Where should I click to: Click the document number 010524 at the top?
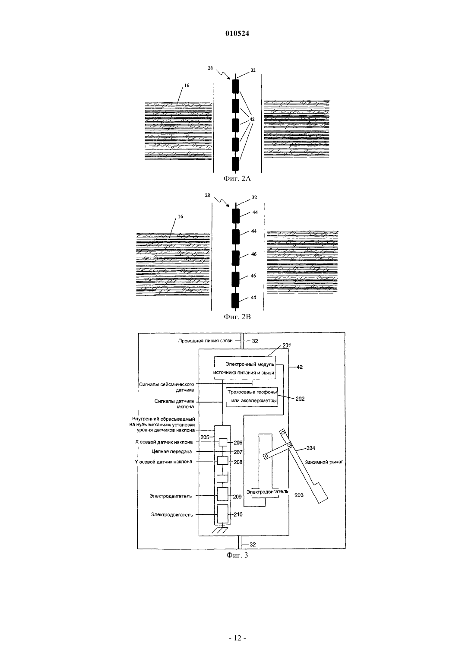237,34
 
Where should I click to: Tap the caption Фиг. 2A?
237,179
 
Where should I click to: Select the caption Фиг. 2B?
237,317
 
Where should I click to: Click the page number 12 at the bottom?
237,638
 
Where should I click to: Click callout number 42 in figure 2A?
252,119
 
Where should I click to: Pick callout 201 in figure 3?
287,346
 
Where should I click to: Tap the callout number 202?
300,399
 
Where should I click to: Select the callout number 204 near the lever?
310,448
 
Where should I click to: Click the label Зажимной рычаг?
324,462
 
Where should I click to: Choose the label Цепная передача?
172,452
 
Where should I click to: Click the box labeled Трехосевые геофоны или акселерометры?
252,397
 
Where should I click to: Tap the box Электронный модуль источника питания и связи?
244,368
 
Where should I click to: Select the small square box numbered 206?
223,443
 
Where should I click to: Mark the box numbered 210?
222,514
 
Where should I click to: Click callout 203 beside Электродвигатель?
299,495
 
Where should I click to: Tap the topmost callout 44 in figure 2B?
255,212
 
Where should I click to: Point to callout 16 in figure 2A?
187,86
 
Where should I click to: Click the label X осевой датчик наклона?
164,442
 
